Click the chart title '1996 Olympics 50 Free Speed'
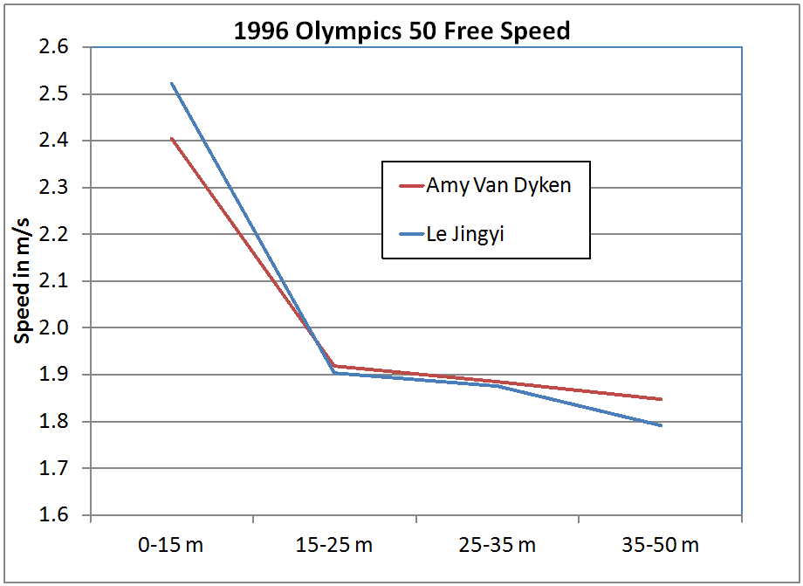click(x=401, y=32)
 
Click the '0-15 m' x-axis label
click(x=172, y=545)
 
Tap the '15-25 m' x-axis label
click(x=334, y=545)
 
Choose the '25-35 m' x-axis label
click(x=498, y=545)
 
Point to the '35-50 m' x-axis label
click(x=661, y=545)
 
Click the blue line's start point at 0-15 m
click(x=172, y=84)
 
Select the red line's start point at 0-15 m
click(x=172, y=138)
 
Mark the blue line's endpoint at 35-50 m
click(x=661, y=425)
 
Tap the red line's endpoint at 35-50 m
click(x=661, y=399)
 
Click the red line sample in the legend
click(x=410, y=186)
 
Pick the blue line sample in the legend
click(x=410, y=233)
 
